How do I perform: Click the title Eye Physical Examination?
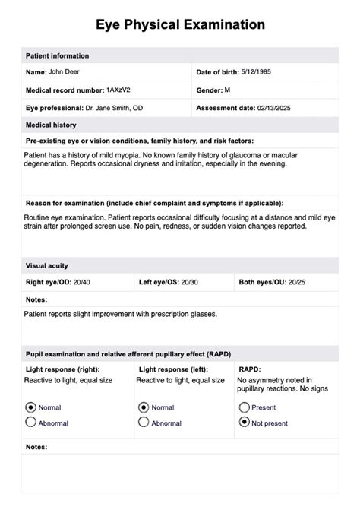(x=180, y=24)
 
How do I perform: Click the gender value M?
(x=228, y=90)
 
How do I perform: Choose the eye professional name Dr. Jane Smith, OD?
(x=113, y=108)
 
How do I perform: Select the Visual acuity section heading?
(x=47, y=266)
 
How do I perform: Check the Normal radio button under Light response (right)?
(x=31, y=407)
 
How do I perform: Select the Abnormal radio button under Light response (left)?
(x=144, y=423)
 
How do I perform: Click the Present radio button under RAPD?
(x=244, y=407)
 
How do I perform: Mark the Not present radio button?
(x=244, y=423)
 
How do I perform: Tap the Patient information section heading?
(x=58, y=56)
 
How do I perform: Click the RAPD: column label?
(x=249, y=369)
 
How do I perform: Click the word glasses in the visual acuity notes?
(x=204, y=313)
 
